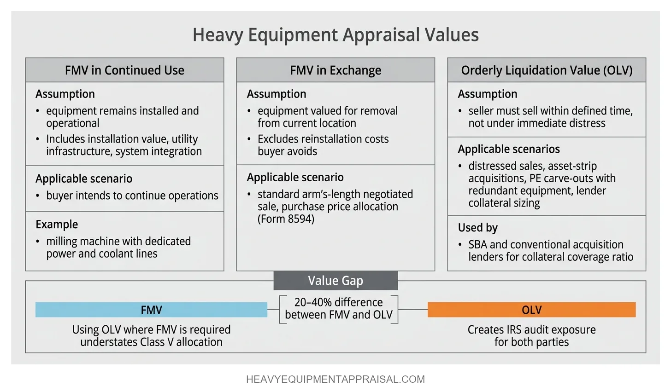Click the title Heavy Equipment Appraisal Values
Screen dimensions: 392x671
click(x=335, y=35)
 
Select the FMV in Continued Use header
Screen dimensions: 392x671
click(x=124, y=70)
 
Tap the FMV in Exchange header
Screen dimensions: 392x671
click(x=335, y=70)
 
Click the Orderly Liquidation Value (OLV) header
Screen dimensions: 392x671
click(x=547, y=70)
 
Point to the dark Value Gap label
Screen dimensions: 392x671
click(x=335, y=281)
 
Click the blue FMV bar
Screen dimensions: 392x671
click(x=151, y=310)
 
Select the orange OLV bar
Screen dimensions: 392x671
click(x=531, y=310)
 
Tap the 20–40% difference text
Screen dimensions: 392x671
click(x=339, y=303)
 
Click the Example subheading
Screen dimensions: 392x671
click(x=57, y=225)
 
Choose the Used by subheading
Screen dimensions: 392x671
click(x=478, y=228)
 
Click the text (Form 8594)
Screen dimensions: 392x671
click(x=286, y=219)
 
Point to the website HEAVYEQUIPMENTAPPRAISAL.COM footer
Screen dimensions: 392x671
click(x=335, y=380)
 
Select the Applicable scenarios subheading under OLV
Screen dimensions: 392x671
click(x=509, y=149)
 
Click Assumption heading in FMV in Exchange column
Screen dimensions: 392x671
click(x=277, y=94)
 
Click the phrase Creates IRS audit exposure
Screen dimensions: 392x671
click(x=531, y=330)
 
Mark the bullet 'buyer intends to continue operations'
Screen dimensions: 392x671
click(x=132, y=196)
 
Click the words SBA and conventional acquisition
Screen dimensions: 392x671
click(x=546, y=245)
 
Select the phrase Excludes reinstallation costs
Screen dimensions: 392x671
click(x=323, y=139)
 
